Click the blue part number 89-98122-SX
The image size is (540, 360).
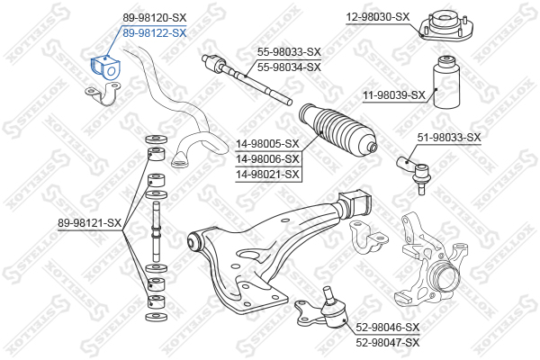[155, 33]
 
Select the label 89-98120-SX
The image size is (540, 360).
[155, 18]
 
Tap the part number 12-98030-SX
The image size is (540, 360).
[378, 16]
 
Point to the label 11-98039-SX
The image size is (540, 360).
[394, 94]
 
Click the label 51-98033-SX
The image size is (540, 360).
[449, 138]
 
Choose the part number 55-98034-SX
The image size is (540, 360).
[289, 67]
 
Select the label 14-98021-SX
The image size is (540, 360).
[267, 175]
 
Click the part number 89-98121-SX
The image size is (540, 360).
[89, 223]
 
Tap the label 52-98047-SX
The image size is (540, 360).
[388, 342]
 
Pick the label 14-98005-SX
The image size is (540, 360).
[267, 144]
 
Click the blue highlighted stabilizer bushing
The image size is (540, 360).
[105, 67]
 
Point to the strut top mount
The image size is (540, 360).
[446, 26]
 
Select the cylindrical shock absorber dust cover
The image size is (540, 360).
[446, 82]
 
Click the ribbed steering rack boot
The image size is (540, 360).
[337, 130]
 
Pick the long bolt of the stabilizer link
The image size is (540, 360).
[156, 231]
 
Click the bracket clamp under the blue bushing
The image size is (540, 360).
[103, 94]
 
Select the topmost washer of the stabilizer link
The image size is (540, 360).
[157, 139]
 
